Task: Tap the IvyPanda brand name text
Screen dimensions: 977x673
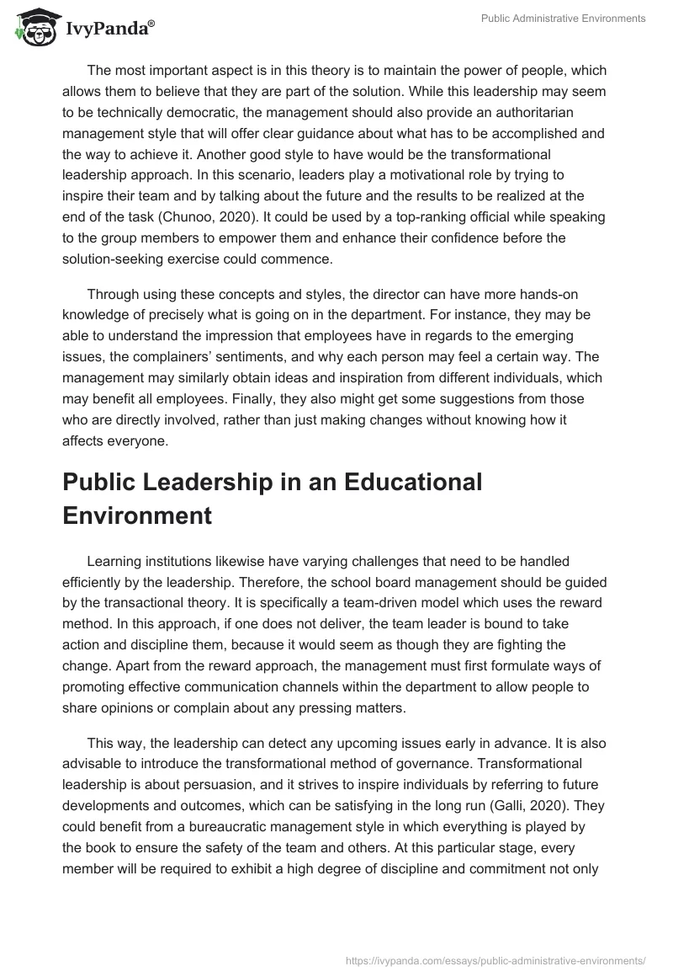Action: [109, 29]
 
